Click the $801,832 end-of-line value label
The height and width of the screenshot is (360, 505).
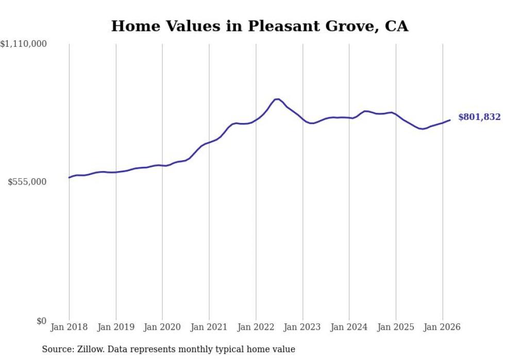click(x=479, y=117)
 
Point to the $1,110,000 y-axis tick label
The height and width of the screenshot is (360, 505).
click(x=24, y=45)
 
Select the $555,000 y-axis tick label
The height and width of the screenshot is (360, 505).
click(x=27, y=182)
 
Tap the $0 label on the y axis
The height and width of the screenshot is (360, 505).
click(x=42, y=321)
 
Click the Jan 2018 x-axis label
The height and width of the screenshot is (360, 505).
click(x=69, y=327)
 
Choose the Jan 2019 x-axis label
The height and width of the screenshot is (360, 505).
click(x=116, y=327)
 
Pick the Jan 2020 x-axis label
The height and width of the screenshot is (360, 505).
click(x=162, y=327)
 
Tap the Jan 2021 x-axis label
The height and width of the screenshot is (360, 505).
click(x=209, y=327)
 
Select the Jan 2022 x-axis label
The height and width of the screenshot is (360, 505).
click(x=256, y=327)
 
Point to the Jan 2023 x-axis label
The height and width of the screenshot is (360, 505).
click(x=302, y=327)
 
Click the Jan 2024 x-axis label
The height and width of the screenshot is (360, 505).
click(x=349, y=327)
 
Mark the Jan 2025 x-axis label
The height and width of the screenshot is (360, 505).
click(x=396, y=327)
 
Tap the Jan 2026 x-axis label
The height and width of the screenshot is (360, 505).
click(x=442, y=327)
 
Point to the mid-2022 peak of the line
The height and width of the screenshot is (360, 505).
click(x=277, y=99)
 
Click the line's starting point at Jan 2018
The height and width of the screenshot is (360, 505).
click(x=69, y=178)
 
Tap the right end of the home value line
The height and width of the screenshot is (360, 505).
click(x=450, y=120)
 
